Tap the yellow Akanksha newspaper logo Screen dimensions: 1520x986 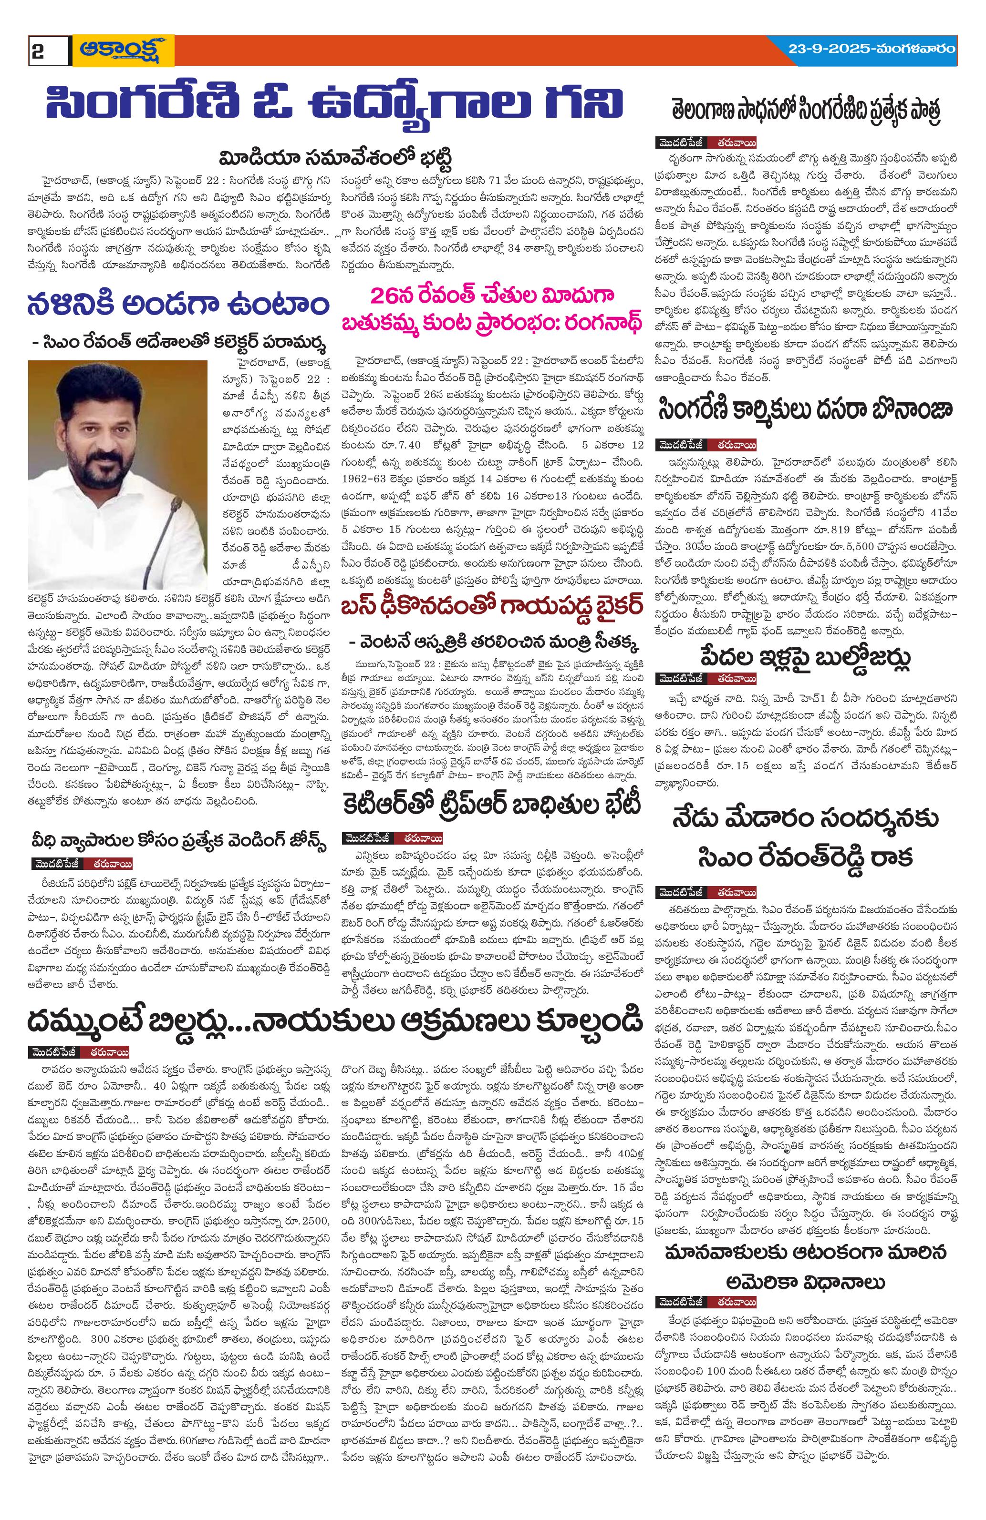[x=123, y=51]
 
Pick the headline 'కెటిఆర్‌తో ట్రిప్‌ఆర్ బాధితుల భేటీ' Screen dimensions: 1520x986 [x=491, y=806]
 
